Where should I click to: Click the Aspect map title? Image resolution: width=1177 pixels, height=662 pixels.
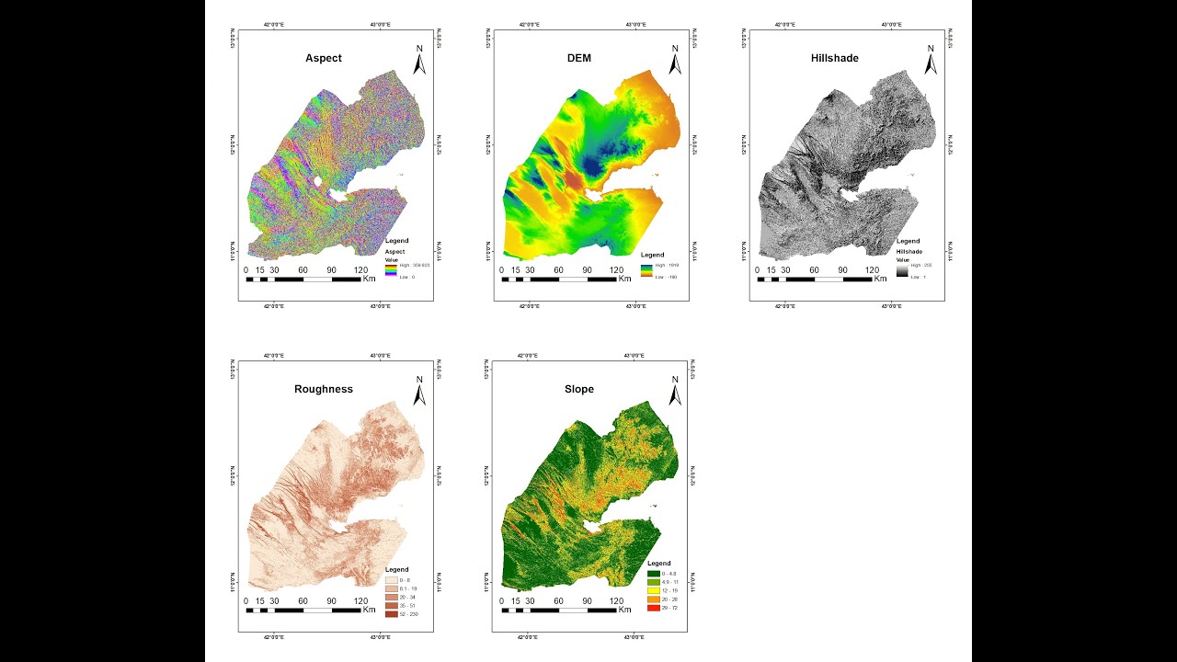[x=323, y=58]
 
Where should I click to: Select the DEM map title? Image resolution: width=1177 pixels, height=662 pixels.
[x=578, y=58]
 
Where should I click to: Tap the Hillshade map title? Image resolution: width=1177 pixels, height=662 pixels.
[x=834, y=58]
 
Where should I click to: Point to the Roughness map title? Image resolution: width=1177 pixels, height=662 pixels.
[x=323, y=389]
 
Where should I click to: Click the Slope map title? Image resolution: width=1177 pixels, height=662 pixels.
[x=578, y=389]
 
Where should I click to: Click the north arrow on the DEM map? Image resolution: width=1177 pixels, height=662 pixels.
[x=675, y=61]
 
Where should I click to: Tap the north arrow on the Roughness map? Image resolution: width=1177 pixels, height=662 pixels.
[x=419, y=392]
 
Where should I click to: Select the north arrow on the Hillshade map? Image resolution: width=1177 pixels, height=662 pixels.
[x=931, y=61]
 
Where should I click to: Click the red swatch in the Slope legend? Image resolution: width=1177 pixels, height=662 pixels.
[x=653, y=608]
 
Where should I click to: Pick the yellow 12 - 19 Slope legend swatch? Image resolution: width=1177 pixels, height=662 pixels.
[x=653, y=590]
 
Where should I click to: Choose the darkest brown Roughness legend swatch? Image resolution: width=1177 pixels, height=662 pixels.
[x=392, y=614]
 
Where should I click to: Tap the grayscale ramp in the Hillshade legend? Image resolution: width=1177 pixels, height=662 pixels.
[x=902, y=270]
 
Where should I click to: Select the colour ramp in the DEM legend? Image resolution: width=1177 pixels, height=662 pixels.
[x=647, y=270]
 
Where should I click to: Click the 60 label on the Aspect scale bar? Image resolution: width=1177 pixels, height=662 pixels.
[x=303, y=270]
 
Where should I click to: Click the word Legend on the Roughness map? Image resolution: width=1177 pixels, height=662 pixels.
[x=397, y=570]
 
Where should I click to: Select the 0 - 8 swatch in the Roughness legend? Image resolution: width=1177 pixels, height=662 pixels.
[x=392, y=580]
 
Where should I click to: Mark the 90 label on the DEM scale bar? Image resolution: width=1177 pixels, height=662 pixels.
[x=587, y=270]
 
